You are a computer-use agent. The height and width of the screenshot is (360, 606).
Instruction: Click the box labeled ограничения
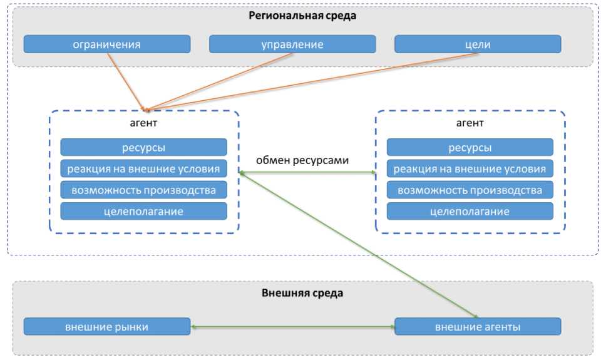[106, 44]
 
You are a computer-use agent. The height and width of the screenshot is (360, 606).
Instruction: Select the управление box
[292, 44]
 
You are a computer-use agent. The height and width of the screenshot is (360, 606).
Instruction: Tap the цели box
[478, 44]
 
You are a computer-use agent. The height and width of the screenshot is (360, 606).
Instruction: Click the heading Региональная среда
[302, 16]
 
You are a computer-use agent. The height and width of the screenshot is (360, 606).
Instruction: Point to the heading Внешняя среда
[302, 292]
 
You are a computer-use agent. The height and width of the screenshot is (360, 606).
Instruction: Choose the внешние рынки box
[106, 327]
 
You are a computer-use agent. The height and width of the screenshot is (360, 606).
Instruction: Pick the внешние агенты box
[478, 327]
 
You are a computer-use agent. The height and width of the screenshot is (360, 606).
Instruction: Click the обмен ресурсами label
[302, 160]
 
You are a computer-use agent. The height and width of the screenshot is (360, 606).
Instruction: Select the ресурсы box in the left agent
[143, 148]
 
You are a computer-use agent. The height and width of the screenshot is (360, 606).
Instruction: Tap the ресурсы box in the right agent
[470, 148]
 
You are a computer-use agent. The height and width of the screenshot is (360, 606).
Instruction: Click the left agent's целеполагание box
[143, 211]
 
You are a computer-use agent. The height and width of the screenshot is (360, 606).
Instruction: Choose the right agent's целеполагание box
[470, 211]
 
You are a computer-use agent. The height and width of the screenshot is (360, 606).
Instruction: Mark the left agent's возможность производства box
[143, 190]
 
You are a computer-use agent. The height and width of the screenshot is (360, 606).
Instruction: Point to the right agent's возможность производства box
[470, 190]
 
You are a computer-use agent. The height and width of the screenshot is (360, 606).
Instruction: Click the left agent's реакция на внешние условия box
[143, 169]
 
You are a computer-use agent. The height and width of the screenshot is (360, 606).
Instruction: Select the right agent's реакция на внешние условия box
[470, 169]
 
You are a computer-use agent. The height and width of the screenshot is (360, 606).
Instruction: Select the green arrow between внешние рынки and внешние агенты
[292, 327]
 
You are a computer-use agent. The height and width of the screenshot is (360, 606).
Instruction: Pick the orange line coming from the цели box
[313, 81]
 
